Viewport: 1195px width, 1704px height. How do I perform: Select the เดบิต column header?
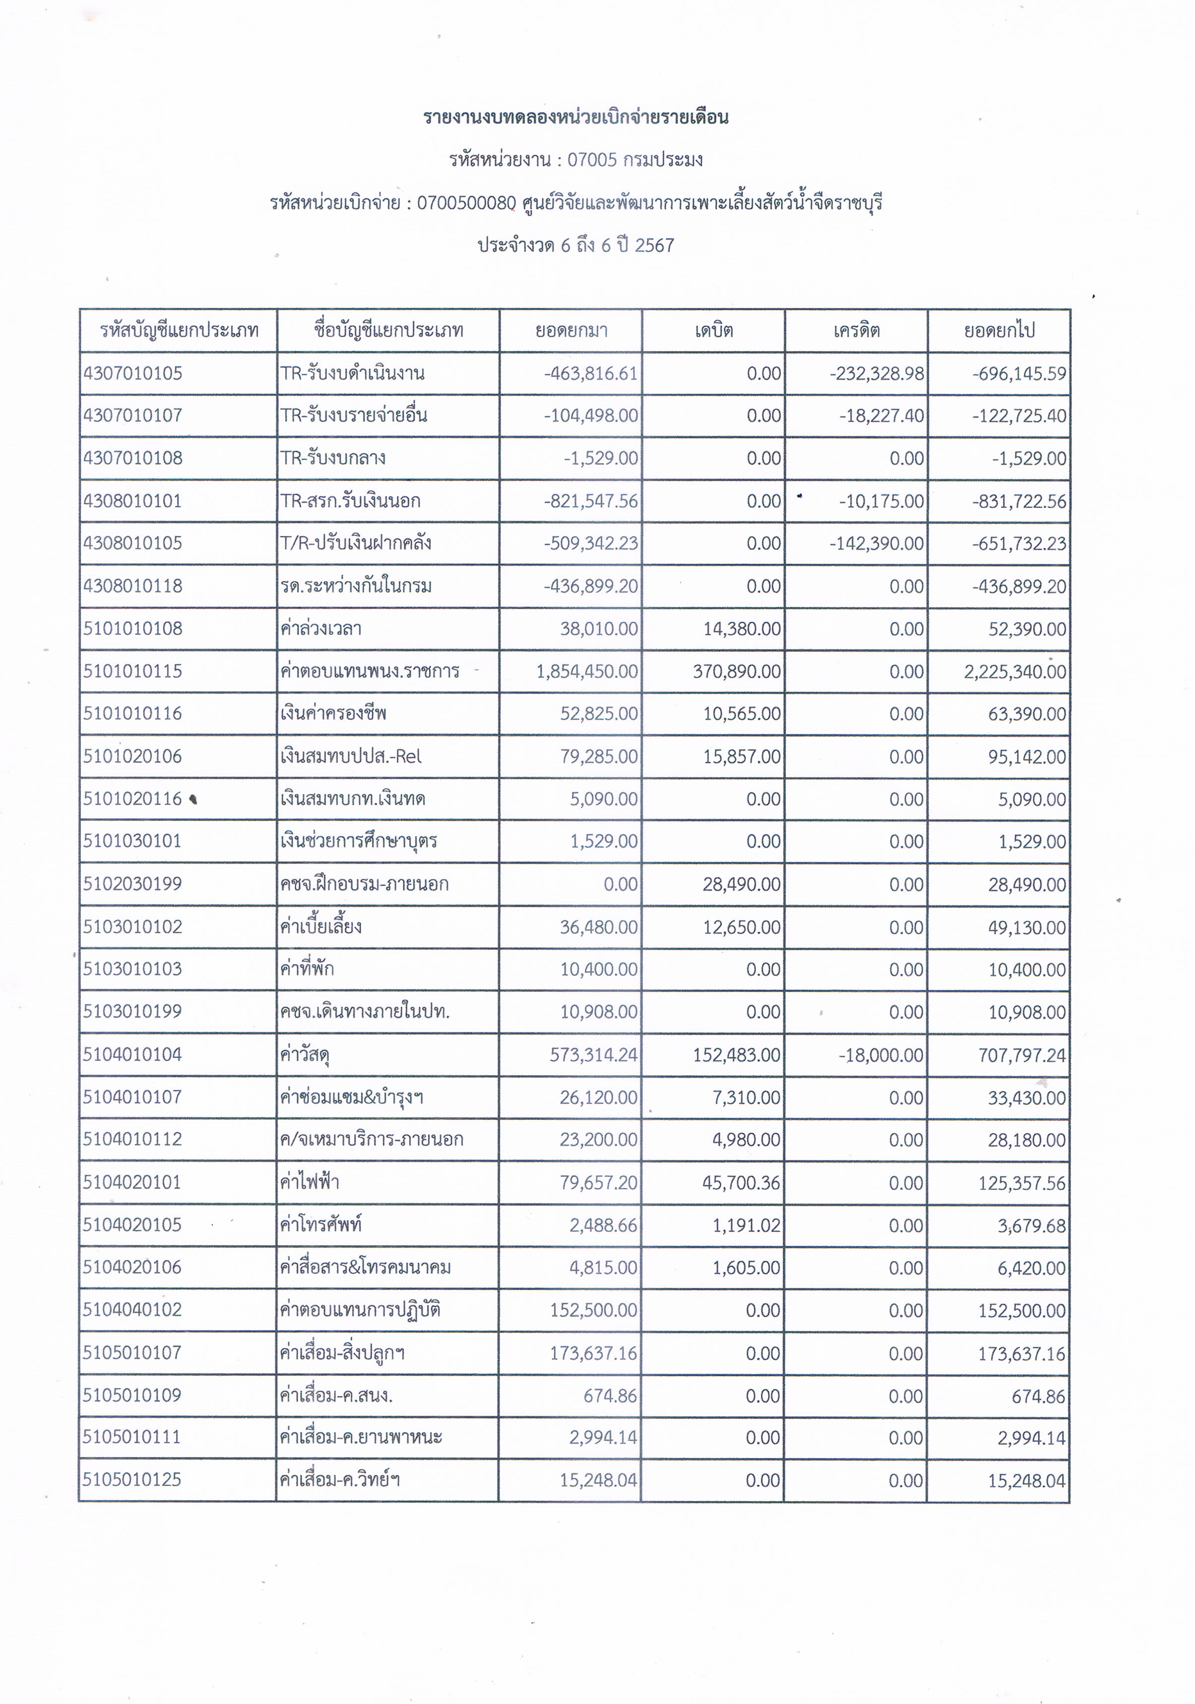pos(714,330)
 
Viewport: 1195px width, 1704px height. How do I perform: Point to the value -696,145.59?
pos(1019,373)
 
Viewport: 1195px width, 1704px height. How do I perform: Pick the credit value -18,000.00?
pos(881,1055)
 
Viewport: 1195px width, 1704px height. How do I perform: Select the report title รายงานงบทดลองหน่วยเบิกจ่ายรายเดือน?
pos(576,117)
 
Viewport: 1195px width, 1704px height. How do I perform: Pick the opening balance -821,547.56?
pos(591,501)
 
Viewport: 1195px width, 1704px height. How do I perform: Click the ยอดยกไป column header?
pos(999,330)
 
